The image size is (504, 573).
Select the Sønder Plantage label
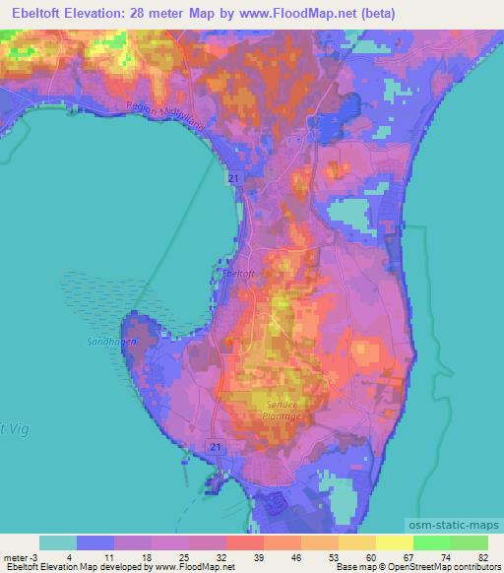tap(281, 410)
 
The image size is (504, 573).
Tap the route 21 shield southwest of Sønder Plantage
tap(216, 447)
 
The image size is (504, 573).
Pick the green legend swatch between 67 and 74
tap(431, 542)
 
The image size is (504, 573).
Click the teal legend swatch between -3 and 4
tap(58, 542)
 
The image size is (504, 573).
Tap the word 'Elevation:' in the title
tap(108, 12)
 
